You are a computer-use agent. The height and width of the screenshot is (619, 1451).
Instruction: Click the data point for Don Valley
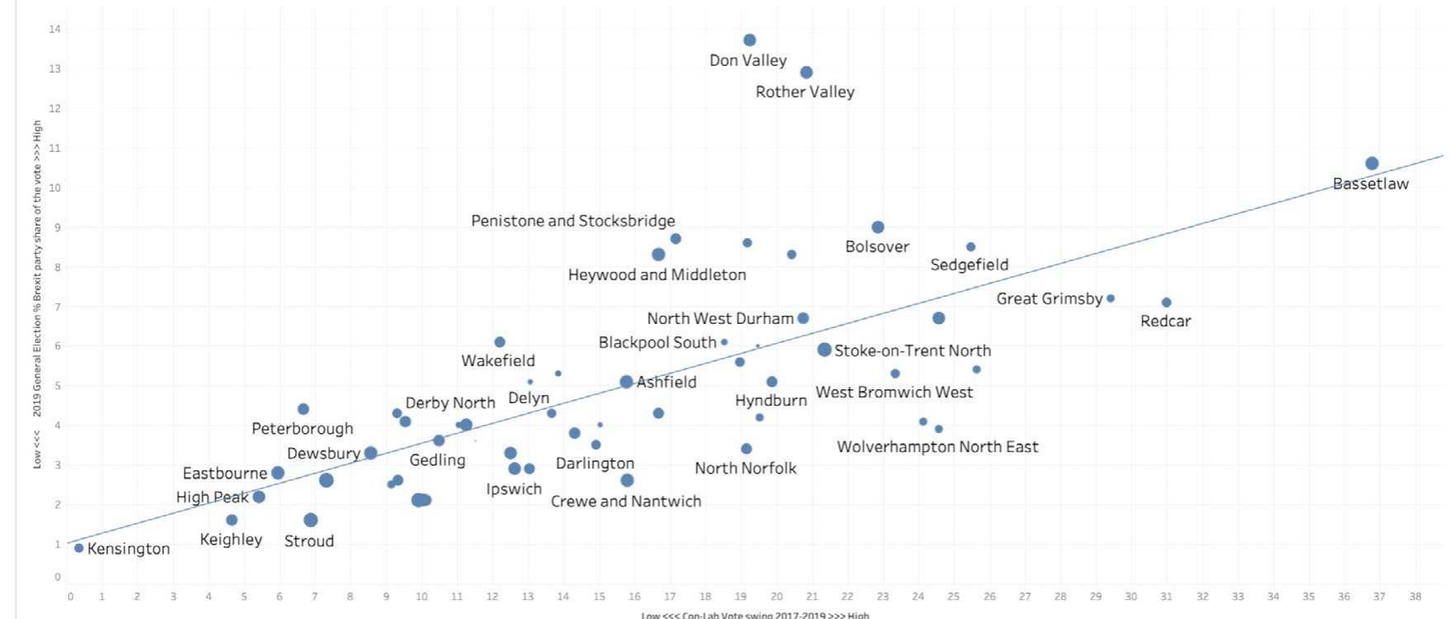749,40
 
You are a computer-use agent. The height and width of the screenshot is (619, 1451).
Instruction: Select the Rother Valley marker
806,73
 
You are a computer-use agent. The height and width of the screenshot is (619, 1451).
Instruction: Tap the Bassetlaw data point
1372,164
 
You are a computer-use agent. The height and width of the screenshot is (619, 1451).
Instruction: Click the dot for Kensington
78,548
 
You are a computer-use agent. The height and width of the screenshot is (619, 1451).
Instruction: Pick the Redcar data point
1166,302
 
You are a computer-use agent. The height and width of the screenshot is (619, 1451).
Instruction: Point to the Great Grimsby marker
1111,298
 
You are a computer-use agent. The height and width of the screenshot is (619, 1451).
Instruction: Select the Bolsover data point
878,227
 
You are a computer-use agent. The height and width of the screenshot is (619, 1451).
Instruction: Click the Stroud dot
311,520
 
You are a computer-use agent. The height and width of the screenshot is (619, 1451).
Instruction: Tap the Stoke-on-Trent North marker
824,350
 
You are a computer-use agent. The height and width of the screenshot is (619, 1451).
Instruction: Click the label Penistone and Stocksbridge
573,221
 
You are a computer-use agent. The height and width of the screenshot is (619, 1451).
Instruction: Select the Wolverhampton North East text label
937,447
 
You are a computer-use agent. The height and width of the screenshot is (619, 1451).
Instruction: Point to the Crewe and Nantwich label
626,502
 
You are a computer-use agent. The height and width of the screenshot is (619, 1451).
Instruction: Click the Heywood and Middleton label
657,275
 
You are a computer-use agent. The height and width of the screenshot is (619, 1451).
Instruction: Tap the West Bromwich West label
894,393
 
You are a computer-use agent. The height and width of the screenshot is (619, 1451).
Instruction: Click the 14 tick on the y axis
55,30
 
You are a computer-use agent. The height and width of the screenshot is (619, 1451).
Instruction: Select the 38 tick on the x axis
1415,597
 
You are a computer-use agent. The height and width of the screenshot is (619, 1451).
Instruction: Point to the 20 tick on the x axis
776,597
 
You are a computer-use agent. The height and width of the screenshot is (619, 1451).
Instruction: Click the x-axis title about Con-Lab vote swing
754,615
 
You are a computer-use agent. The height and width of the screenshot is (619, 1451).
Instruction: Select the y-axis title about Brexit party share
37,293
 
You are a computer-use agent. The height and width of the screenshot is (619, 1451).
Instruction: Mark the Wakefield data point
499,342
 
